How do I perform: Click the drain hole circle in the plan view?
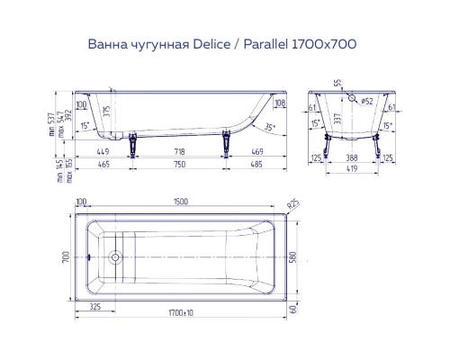(114, 256)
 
